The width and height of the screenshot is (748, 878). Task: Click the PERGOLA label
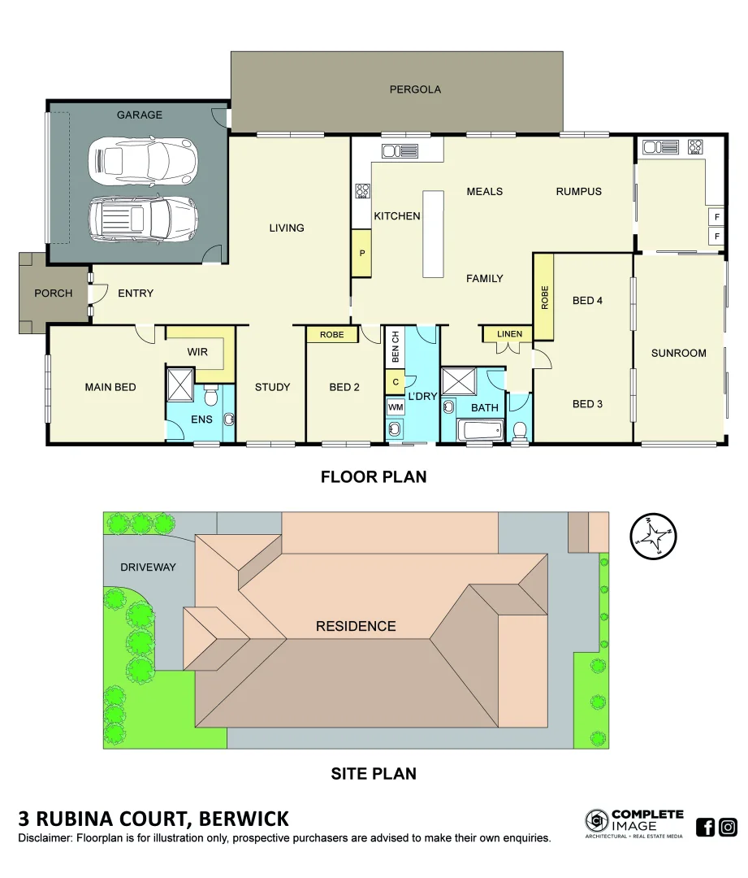pyautogui.click(x=415, y=89)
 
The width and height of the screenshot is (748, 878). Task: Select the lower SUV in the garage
pyautogui.click(x=143, y=217)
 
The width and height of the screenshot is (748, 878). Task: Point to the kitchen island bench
pyautogui.click(x=434, y=234)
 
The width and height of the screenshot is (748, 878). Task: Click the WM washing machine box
pyautogui.click(x=396, y=406)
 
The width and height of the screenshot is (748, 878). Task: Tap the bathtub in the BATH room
pyautogui.click(x=479, y=429)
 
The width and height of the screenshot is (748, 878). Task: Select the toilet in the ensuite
pyautogui.click(x=211, y=397)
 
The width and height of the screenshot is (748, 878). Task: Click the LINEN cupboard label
pyautogui.click(x=509, y=333)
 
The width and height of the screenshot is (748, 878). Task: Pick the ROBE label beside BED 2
pyautogui.click(x=331, y=334)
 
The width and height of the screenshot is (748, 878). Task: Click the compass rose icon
pyautogui.click(x=653, y=537)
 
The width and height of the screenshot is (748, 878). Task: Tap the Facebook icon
pyautogui.click(x=706, y=828)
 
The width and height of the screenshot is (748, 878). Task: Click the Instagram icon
pyautogui.click(x=729, y=828)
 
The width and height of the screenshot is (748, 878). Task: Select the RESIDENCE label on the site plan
pyautogui.click(x=356, y=626)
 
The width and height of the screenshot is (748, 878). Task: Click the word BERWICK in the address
pyautogui.click(x=244, y=819)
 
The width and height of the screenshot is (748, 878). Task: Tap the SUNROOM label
pyautogui.click(x=678, y=353)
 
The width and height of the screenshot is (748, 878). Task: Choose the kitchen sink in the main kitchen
pyautogui.click(x=400, y=150)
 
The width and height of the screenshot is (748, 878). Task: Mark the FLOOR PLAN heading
pyautogui.click(x=373, y=477)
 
